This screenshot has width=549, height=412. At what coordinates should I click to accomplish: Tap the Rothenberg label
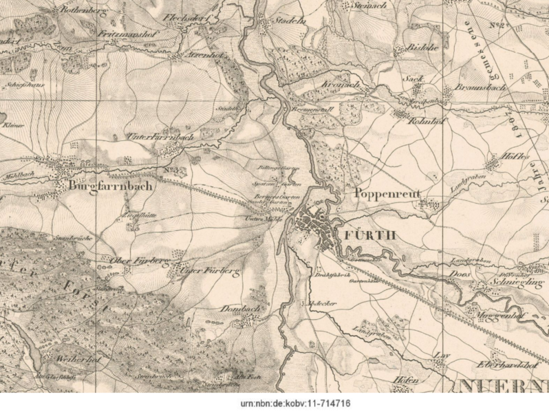(x=83, y=10)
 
